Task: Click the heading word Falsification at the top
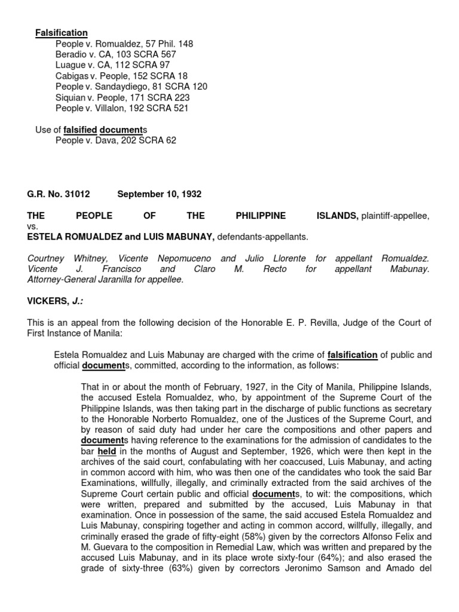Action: (x=61, y=33)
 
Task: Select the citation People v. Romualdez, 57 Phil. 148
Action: (x=124, y=44)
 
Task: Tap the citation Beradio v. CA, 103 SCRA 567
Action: (x=116, y=55)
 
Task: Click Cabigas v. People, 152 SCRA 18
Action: (x=121, y=76)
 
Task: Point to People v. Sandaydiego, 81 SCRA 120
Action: (x=131, y=87)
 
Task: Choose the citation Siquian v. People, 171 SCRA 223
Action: (x=123, y=97)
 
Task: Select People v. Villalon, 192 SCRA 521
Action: (x=122, y=108)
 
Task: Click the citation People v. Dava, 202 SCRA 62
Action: (x=116, y=140)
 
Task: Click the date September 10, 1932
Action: (x=160, y=194)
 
